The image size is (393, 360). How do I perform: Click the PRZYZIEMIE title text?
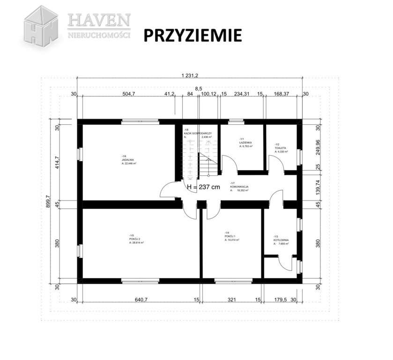192,35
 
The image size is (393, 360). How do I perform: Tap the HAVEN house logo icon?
41,26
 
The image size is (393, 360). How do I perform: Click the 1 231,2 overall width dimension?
191,75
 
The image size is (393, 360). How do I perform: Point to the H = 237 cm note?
203,187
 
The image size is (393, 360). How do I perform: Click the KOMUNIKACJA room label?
239,187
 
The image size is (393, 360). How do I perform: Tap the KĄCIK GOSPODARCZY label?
198,134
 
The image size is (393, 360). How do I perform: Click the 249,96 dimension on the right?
318,149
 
